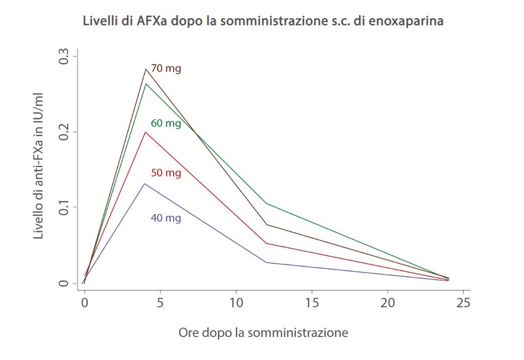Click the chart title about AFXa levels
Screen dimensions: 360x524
pos(263,21)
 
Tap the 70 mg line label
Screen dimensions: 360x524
pos(166,69)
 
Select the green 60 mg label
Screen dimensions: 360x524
pos(166,123)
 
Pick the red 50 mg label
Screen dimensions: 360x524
pos(166,173)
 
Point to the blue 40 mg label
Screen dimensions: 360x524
pos(166,218)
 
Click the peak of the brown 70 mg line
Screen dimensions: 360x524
pos(145,69)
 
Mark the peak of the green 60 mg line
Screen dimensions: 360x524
pos(145,83)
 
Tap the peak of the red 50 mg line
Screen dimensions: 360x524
pos(145,132)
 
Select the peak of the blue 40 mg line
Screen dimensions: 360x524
pos(145,184)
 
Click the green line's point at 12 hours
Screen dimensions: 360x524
pos(266,204)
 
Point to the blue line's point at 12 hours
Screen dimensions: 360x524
pos(266,263)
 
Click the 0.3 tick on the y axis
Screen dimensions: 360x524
pos(63,56)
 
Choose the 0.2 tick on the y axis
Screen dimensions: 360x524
pos(63,132)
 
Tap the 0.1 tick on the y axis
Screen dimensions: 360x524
pos(63,207)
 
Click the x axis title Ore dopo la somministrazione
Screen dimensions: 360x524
pos(263,333)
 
